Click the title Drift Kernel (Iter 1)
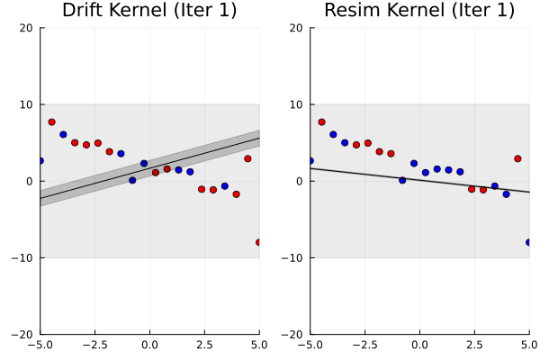pos(149,11)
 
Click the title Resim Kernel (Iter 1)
pos(419,11)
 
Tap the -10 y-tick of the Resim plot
pos(293,257)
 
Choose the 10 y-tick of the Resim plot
pos(297,104)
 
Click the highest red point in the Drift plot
pos(51,121)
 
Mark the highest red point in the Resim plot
pos(321,121)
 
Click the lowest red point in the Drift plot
pos(258,242)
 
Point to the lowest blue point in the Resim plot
pos(528,242)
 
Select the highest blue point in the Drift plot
pos(63,134)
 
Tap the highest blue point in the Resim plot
pos(333,134)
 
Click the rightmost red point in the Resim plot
pos(517,158)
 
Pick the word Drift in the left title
pos(84,11)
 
